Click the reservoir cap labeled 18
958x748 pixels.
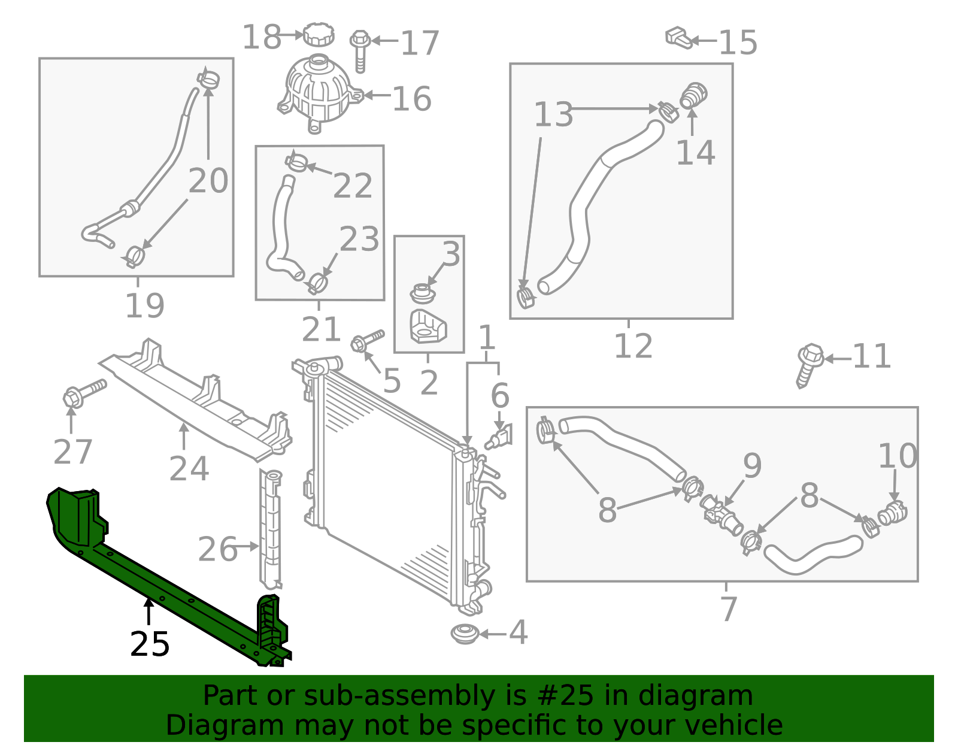click(x=319, y=34)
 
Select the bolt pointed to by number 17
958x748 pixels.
click(x=360, y=51)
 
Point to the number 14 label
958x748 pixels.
click(x=695, y=153)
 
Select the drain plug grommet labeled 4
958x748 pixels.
click(x=465, y=634)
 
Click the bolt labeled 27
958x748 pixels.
click(x=84, y=393)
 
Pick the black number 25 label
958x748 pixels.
click(x=150, y=644)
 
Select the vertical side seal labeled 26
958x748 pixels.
click(x=271, y=529)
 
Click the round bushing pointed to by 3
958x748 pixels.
click(x=423, y=293)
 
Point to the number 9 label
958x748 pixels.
click(x=752, y=465)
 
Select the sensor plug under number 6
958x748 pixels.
click(x=499, y=437)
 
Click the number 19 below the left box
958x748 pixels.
click(x=145, y=305)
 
